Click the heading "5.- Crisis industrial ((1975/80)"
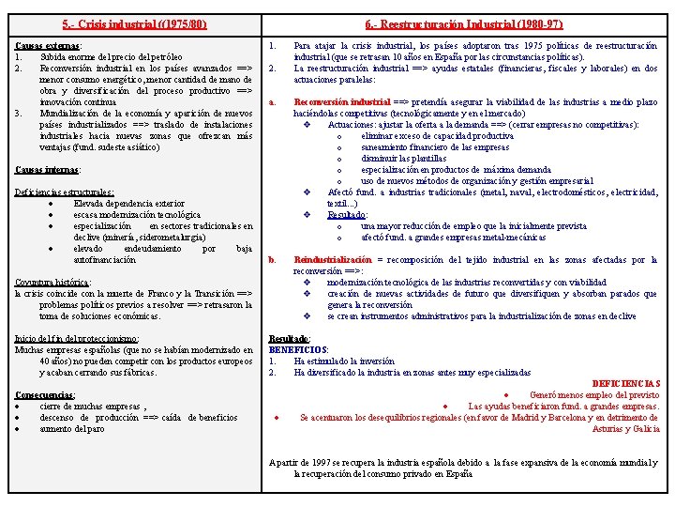pos(134,23)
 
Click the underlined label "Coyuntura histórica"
pos(52,282)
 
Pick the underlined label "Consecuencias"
pos(46,394)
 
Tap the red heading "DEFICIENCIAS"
pos(626,383)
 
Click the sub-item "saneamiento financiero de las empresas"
pos(435,147)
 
